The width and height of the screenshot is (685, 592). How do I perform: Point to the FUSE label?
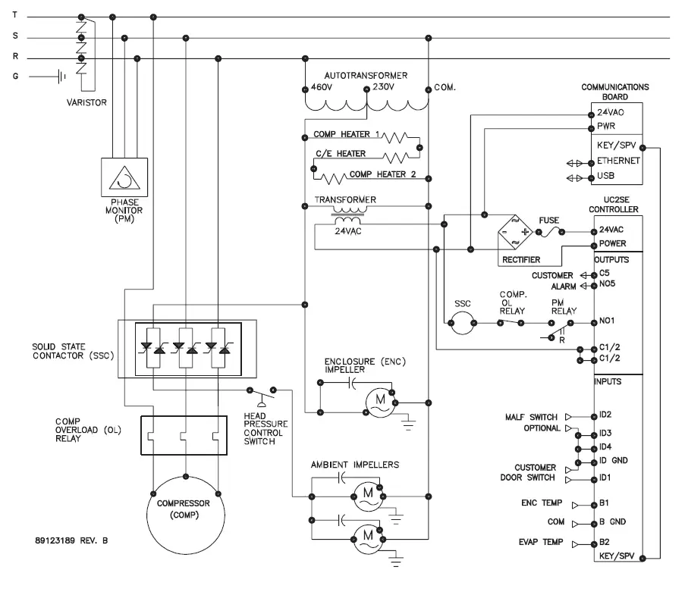[548, 220]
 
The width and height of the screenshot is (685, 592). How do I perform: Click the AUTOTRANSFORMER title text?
[366, 76]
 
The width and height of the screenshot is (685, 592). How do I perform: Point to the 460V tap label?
[322, 87]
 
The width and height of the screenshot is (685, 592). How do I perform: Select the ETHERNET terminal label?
[619, 161]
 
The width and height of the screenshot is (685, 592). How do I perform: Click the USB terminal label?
[607, 176]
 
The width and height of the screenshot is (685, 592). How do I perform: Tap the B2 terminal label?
[605, 543]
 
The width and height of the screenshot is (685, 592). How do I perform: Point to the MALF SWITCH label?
[532, 417]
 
